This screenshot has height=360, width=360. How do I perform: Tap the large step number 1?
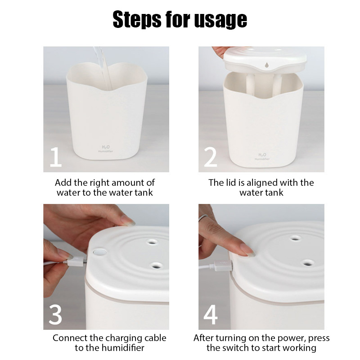55,157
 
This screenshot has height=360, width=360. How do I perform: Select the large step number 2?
211,157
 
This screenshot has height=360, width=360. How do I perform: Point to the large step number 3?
55,315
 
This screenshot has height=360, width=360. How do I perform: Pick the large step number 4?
211,315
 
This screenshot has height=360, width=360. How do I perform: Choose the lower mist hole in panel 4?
308,261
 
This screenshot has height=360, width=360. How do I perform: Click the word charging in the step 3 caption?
116,338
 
